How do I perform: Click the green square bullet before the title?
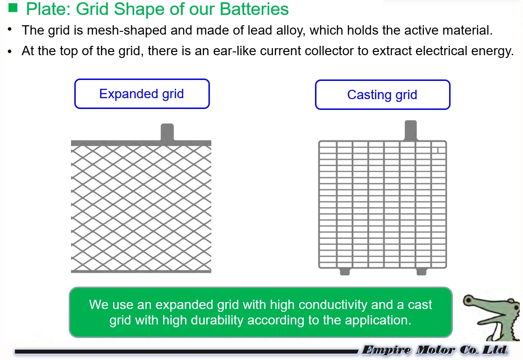pos(13,7)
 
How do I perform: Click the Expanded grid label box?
pos(142,94)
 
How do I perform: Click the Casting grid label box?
pos(382,95)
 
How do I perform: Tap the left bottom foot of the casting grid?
pos(345,271)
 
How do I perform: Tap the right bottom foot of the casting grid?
pos(422,271)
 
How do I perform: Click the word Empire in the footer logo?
pos(387,350)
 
